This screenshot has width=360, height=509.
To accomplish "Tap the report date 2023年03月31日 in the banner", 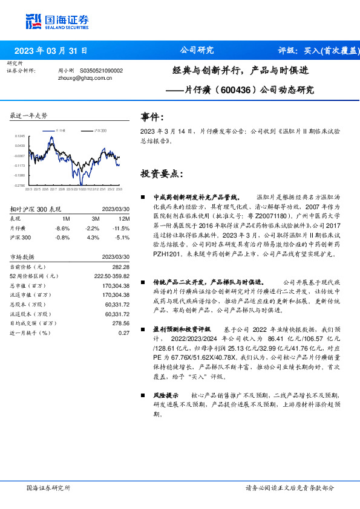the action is pos(50,51).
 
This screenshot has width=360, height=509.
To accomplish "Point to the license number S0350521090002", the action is pos(102,71).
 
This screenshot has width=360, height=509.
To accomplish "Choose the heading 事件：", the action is pos(152,117).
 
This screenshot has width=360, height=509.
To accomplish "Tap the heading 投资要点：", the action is pos(162,173).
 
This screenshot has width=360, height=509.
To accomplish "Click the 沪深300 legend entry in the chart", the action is pos(99,130).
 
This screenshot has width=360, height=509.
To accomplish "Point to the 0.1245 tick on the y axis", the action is pos(21,137).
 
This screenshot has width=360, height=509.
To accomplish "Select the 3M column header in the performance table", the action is pos(95,218).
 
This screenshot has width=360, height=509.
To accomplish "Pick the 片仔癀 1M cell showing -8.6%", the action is pos(63,228).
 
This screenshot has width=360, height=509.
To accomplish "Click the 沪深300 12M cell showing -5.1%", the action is pos(122,237).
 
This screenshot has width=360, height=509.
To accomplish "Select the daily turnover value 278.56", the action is pos(122,323).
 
